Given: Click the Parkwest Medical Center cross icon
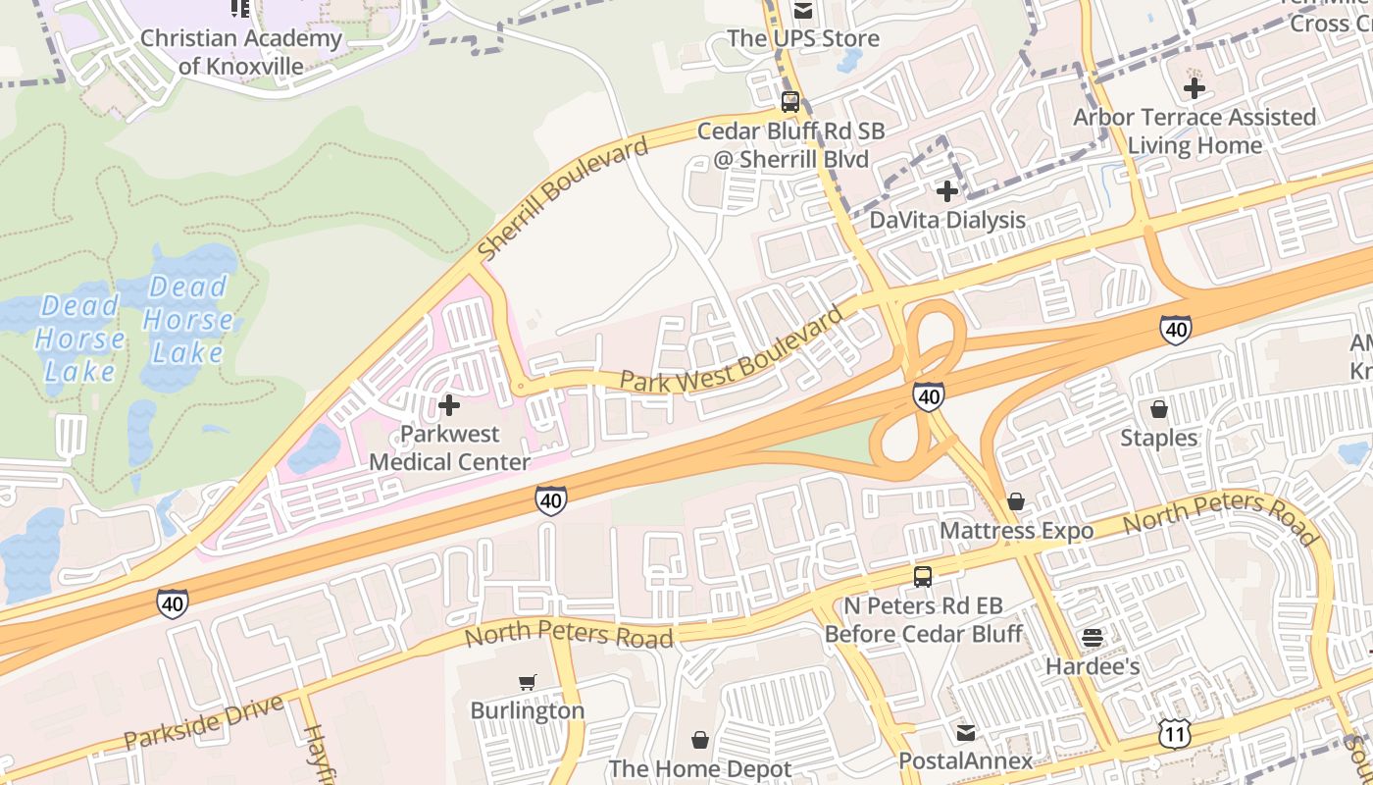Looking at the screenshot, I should point(449,404).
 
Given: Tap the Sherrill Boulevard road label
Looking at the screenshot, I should point(563,199).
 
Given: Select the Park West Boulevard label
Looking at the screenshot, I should point(732,351).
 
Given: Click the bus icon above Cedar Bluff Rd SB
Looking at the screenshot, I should point(790,101).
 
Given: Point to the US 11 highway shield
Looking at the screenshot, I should point(1174,732).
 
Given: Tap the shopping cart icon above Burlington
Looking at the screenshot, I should point(528,682).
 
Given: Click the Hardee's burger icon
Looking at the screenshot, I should point(1093,638).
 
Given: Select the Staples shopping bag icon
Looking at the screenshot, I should point(1159,408).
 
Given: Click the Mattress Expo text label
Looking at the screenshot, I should point(1016,531).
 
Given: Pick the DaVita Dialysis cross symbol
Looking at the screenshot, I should point(946,191).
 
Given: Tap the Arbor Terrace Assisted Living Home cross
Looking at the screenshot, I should point(1194,88).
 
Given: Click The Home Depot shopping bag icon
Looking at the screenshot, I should point(700,739).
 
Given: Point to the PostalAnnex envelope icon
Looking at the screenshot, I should point(966,732).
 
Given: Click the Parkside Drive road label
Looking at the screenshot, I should point(204,721).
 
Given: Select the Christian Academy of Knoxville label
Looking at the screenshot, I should point(241,52).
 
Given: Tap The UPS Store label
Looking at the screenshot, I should point(803,39).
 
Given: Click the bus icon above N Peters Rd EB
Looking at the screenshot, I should point(922,577).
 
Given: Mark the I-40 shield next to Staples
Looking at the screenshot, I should point(1176,330).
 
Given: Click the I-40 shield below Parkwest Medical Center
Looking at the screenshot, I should point(551,501).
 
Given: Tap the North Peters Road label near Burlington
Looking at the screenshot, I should point(569,634).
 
